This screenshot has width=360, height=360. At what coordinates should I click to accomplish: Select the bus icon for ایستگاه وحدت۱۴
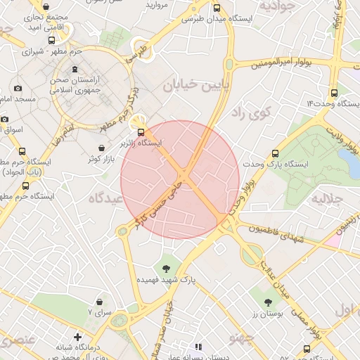pyautogui.click(x=334, y=92)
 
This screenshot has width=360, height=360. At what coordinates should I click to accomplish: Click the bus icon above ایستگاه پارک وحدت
pyautogui.click(x=275, y=153)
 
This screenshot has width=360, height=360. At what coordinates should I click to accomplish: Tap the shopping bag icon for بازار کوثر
pyautogui.click(x=103, y=148)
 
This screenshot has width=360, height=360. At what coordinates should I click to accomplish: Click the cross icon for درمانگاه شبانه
pyautogui.click(x=77, y=337)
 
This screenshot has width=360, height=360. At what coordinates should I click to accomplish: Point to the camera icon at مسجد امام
pyautogui.click(x=18, y=89)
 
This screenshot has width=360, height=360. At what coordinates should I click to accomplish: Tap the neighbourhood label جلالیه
pyautogui.click(x=327, y=198)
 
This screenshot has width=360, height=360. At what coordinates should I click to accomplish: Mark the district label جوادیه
pyautogui.click(x=274, y=7)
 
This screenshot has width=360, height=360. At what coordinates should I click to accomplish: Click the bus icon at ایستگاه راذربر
pyautogui.click(x=141, y=131)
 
